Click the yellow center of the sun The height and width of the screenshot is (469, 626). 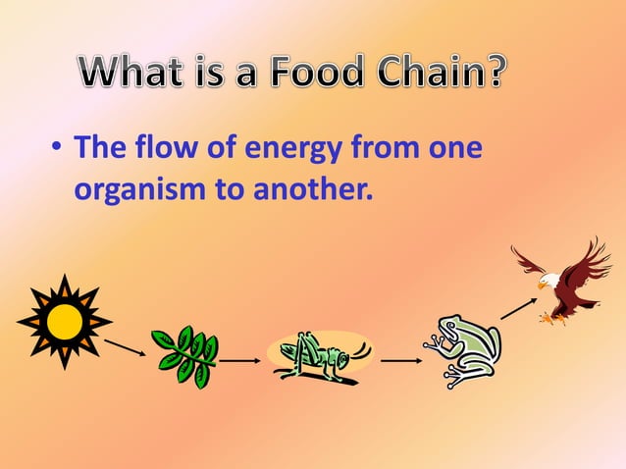pos(65,320)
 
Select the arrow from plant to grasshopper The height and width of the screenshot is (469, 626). pos(240,361)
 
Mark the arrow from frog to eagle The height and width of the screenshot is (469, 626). pos(518,306)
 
